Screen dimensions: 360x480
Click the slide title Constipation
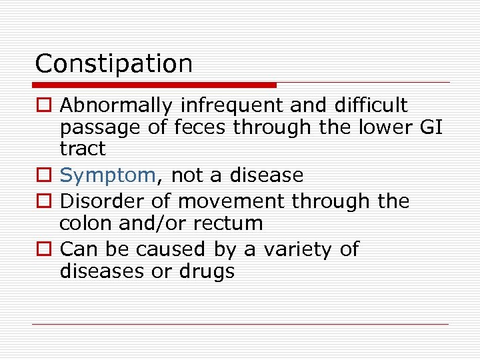coord(113,64)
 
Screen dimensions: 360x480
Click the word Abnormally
coord(117,105)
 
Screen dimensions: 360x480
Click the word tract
coord(83,148)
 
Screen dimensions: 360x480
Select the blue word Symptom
coord(107,176)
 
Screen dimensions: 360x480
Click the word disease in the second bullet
coord(266,175)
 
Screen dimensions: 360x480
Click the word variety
coord(294,249)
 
